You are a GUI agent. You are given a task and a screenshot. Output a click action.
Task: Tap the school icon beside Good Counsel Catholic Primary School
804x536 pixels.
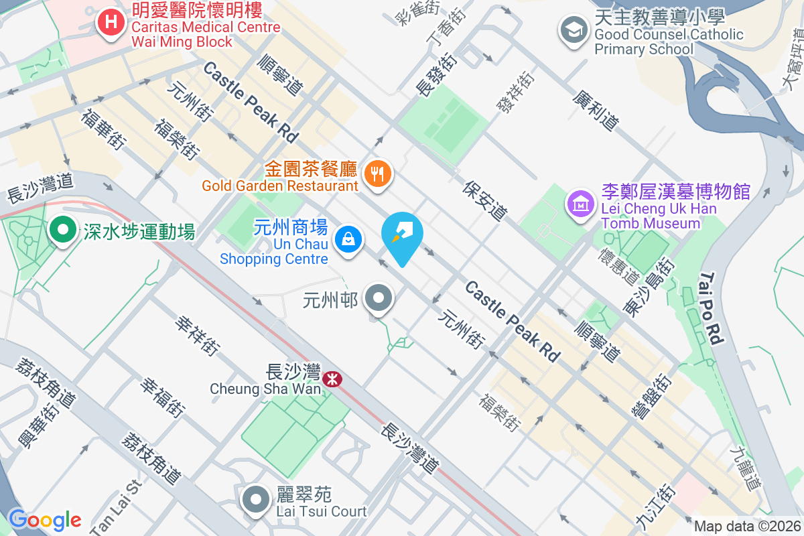pos(574,30)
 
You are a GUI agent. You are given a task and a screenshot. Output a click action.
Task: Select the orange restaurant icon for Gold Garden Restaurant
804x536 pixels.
pos(378,174)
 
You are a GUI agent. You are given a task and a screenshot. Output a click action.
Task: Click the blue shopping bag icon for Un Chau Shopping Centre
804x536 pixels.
pos(348,239)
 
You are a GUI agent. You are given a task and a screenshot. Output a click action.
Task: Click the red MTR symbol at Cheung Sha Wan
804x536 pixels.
pos(332,380)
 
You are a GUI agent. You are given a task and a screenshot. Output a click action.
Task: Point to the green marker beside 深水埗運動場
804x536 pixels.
pos(63,230)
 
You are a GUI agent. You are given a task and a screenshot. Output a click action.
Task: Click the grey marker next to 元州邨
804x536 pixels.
pos(379,297)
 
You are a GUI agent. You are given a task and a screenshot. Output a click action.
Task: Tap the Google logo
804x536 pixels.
pos(44,519)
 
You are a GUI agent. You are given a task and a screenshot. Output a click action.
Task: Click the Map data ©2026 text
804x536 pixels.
pos(746,526)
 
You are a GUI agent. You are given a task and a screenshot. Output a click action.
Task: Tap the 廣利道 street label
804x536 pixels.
pos(595,111)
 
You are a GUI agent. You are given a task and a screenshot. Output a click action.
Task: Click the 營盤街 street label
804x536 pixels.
pos(651,396)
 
